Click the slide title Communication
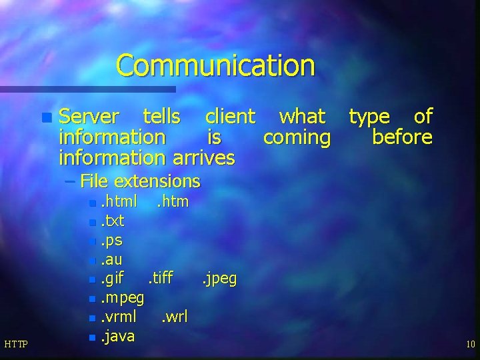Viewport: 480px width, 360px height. pos(215,66)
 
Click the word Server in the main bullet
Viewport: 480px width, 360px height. pos(89,117)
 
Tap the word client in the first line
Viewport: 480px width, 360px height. pos(230,117)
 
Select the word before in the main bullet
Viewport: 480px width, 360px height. pos(402,137)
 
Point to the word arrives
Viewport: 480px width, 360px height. pos(204,158)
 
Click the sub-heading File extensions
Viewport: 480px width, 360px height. pos(139,181)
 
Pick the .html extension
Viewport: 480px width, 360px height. pos(119,201)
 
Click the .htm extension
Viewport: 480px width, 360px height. pos(173,201)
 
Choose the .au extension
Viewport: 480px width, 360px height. pos(111,259)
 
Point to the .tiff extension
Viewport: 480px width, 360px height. pos(160,278)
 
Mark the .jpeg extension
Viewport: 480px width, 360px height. pos(219,278)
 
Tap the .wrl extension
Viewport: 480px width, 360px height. pos(175,317)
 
